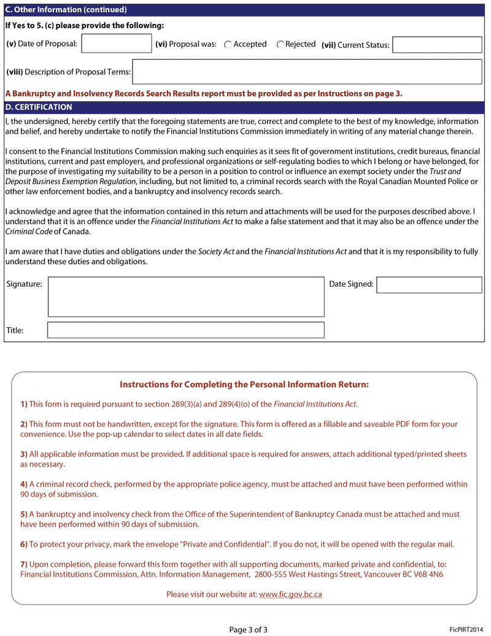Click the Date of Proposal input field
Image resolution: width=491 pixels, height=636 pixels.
(117, 44)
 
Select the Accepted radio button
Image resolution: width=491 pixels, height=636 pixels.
(228, 45)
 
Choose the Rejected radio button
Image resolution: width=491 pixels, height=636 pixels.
(280, 45)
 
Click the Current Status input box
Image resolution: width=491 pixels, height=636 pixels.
(437, 45)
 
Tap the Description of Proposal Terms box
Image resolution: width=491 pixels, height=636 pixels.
(307, 72)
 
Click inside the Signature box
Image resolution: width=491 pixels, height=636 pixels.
(186, 297)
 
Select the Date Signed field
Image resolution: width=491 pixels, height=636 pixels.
(429, 285)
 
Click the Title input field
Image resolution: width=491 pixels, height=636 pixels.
(186, 330)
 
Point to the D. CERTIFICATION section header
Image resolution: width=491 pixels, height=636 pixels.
(39, 107)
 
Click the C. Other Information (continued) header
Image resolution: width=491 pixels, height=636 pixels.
(66, 10)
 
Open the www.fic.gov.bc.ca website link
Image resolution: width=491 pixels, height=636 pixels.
(290, 594)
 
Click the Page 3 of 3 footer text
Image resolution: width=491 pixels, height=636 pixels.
(249, 629)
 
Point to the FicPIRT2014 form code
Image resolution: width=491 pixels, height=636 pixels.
(466, 629)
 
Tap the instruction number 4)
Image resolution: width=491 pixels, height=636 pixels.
(24, 484)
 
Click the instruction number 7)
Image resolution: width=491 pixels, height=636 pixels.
(24, 564)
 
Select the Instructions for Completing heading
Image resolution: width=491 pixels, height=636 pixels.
(244, 385)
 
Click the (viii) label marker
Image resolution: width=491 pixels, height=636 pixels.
(14, 72)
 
